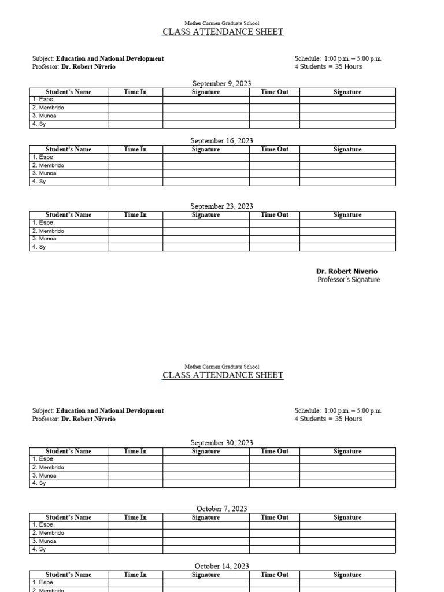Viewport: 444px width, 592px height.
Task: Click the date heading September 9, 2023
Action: click(x=221, y=84)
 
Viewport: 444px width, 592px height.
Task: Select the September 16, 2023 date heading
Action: click(x=221, y=141)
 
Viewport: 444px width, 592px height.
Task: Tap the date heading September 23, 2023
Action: click(x=221, y=206)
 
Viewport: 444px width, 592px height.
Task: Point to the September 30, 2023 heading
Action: click(x=221, y=443)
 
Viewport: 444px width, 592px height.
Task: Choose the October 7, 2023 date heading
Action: click(x=221, y=509)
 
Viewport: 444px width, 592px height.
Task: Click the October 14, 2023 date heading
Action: click(x=221, y=567)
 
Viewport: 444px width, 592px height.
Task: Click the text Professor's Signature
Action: click(x=349, y=280)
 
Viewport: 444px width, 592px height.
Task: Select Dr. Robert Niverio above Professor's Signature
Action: click(x=347, y=271)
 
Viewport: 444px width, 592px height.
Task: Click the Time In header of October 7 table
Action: click(x=135, y=517)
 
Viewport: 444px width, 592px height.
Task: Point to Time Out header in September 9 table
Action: click(x=274, y=92)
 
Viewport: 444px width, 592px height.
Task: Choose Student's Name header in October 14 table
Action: click(x=68, y=575)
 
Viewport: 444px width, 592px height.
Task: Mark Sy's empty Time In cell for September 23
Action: click(x=135, y=247)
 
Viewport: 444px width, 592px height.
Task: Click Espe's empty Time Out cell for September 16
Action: click(x=274, y=157)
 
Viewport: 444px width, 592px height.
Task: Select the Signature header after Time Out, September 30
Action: click(x=347, y=452)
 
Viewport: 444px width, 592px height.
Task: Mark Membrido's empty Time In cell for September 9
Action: click(x=135, y=108)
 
